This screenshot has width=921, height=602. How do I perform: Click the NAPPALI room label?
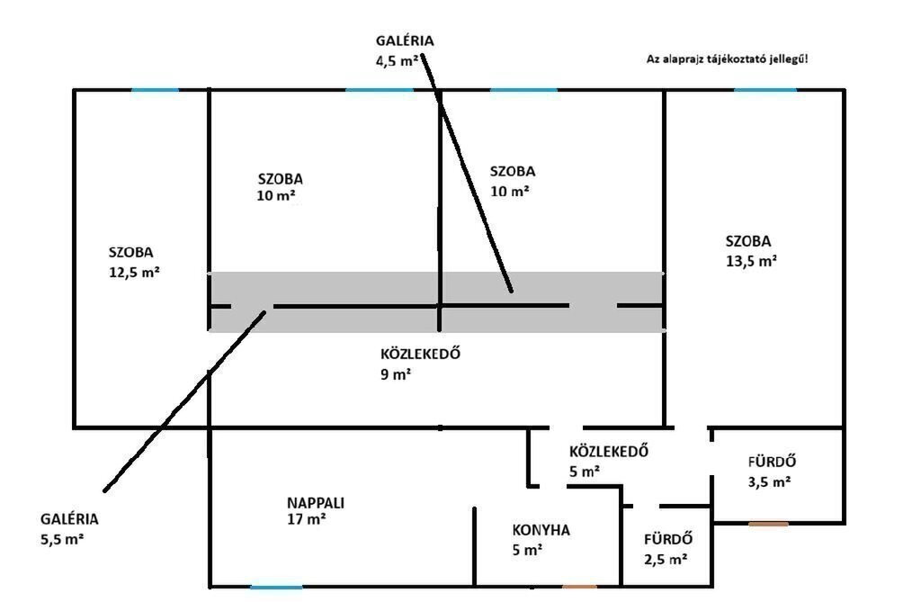[315, 503]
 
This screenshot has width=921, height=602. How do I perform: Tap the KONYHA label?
[541, 530]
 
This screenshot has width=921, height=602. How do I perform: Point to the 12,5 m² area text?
[134, 272]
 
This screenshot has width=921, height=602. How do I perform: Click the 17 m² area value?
[306, 520]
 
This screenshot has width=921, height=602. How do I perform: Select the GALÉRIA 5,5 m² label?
[69, 529]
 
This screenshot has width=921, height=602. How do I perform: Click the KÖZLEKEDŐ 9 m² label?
[421, 363]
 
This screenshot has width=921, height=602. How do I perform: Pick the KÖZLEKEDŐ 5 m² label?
[608, 461]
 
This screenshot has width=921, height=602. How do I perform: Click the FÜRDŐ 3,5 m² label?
[771, 472]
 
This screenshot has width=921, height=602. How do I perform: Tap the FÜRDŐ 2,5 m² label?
[666, 549]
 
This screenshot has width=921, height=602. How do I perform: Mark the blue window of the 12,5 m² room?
[155, 90]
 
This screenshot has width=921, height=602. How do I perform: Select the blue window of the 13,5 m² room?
[765, 90]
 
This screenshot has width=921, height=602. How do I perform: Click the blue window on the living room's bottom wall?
[276, 588]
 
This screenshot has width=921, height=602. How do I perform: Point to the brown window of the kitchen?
[579, 588]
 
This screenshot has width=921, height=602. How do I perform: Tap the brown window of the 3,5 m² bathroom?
[768, 523]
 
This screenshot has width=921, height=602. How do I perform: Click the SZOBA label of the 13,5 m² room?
[748, 241]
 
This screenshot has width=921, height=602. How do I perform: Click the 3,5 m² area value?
[770, 481]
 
